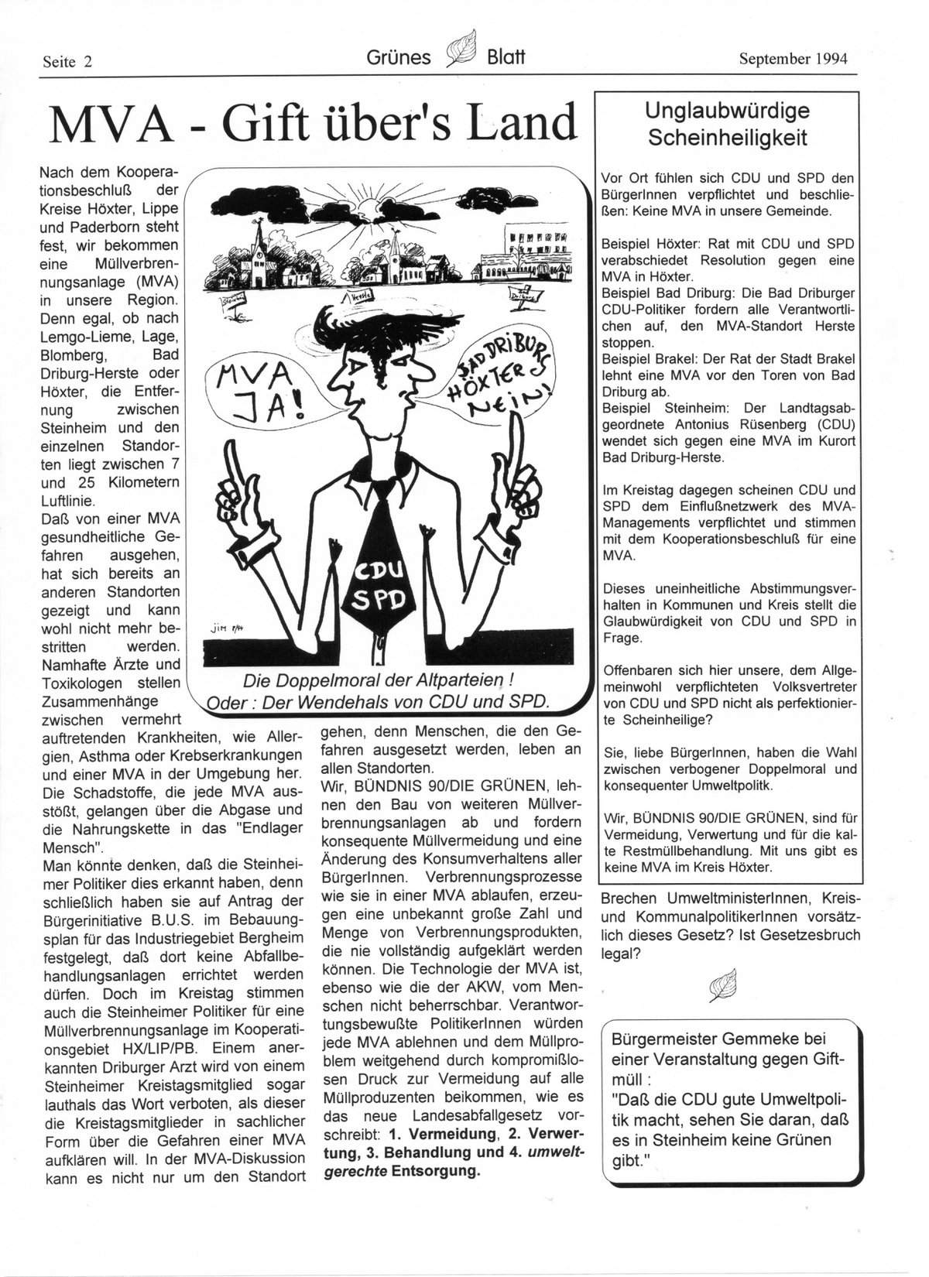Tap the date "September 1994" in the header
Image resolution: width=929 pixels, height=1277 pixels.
(x=793, y=58)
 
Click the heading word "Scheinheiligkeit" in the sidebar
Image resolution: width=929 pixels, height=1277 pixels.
(x=727, y=139)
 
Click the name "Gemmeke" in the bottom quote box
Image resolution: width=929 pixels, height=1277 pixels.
(x=779, y=1039)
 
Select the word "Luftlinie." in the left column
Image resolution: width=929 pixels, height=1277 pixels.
(x=73, y=500)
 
